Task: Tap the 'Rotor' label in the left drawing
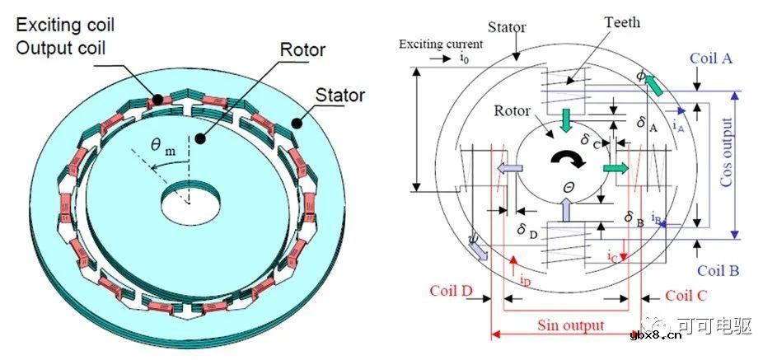click(x=302, y=51)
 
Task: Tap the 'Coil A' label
click(x=711, y=59)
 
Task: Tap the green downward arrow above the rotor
click(x=566, y=120)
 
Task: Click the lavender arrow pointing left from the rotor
click(x=506, y=168)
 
